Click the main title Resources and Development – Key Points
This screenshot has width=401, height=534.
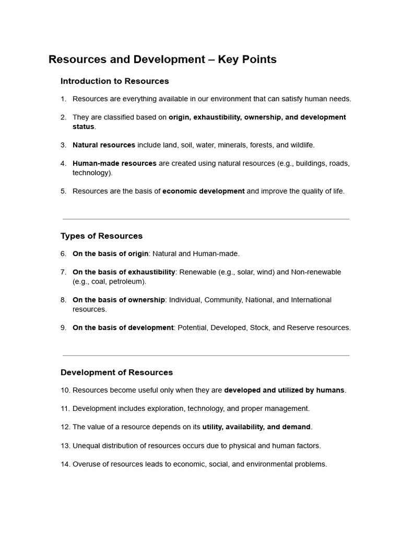[162, 59]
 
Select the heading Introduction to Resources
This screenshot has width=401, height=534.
[115, 81]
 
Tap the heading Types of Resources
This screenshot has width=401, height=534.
[101, 236]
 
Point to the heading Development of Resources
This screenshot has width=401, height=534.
[116, 372]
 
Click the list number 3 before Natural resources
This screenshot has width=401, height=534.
[63, 145]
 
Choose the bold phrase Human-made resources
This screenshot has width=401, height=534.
[114, 163]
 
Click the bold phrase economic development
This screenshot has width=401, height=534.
[203, 191]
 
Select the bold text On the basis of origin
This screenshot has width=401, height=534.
[110, 253]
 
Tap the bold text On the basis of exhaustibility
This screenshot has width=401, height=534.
[124, 272]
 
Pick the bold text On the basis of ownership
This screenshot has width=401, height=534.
[119, 300]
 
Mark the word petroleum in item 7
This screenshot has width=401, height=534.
[127, 282]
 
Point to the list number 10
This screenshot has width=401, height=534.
[65, 390]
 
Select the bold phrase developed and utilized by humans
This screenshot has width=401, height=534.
[284, 390]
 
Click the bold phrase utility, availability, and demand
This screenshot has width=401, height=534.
[256, 427]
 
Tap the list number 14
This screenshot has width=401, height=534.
[65, 464]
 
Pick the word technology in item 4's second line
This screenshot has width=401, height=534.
[91, 173]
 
